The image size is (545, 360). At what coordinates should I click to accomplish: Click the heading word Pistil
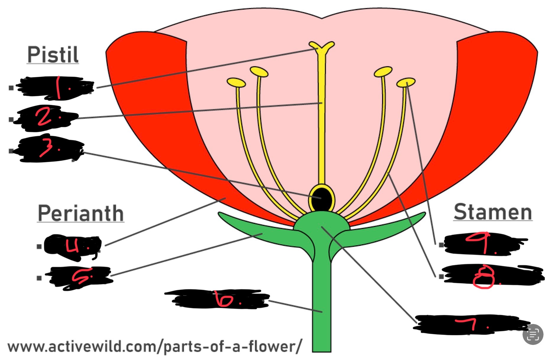(53, 55)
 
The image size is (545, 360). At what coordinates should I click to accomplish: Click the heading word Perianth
(80, 213)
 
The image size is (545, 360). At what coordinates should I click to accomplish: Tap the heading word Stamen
(493, 212)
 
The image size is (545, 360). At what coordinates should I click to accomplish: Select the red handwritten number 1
(59, 87)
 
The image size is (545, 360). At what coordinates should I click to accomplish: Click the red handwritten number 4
(72, 246)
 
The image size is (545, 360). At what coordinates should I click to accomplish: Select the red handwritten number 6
(223, 299)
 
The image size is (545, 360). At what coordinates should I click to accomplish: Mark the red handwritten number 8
(484, 277)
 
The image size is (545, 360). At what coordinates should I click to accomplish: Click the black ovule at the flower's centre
(322, 198)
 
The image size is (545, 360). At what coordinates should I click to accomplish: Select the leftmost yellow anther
(236, 82)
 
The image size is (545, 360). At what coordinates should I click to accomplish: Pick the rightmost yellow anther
(406, 82)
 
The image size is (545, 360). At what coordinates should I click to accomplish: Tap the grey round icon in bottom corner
(533, 334)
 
